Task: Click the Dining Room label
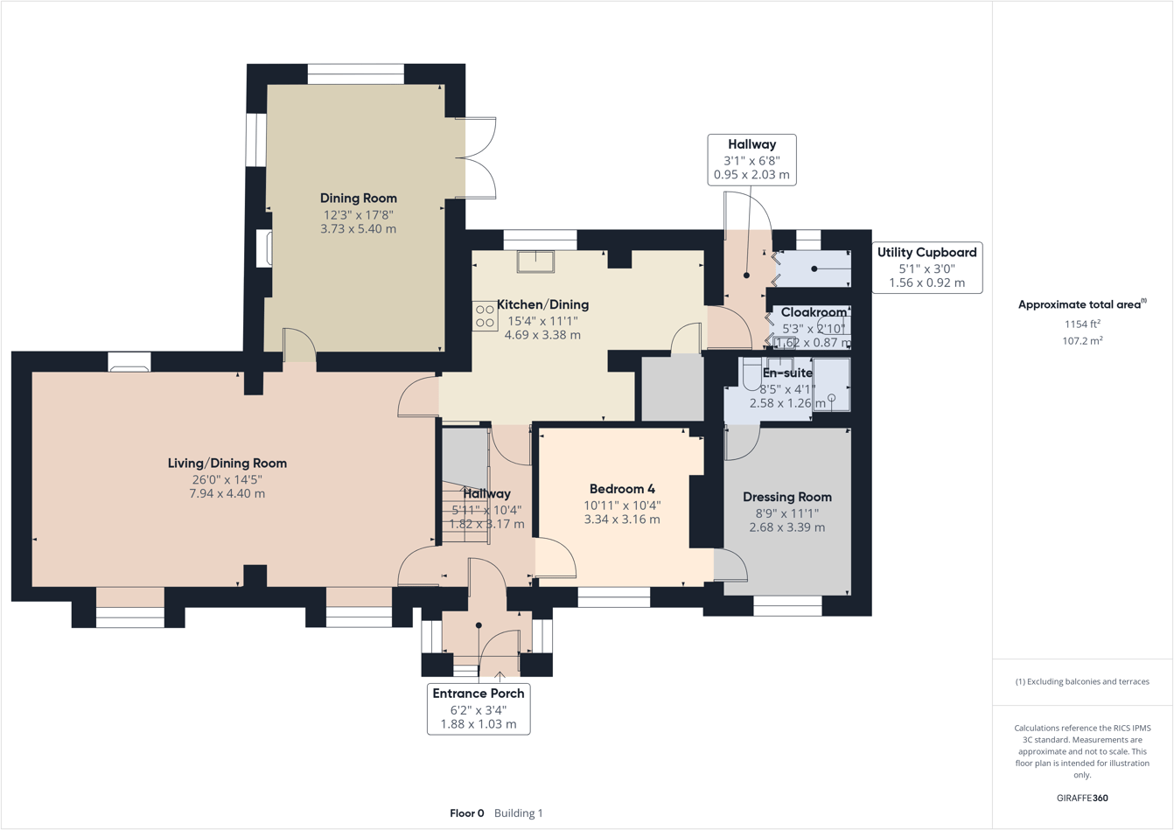pyautogui.click(x=358, y=199)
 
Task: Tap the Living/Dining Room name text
pyautogui.click(x=227, y=464)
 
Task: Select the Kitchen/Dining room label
pyautogui.click(x=542, y=304)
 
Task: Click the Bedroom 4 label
pyautogui.click(x=622, y=489)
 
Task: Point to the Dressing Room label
pyautogui.click(x=787, y=497)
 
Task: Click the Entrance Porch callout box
pyautogui.click(x=479, y=708)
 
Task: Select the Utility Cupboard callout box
pyautogui.click(x=926, y=267)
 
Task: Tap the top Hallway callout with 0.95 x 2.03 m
pyautogui.click(x=751, y=159)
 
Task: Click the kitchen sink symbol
pyautogui.click(x=535, y=261)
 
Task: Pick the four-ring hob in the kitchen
pyautogui.click(x=485, y=317)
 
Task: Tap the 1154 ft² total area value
pyautogui.click(x=1082, y=324)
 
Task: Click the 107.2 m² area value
pyautogui.click(x=1082, y=341)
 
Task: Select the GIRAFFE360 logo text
pyautogui.click(x=1082, y=798)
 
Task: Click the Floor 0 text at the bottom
pyautogui.click(x=466, y=813)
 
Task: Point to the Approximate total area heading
pyautogui.click(x=1081, y=304)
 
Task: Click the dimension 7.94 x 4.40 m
pyautogui.click(x=227, y=493)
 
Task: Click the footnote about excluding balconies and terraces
pyautogui.click(x=1082, y=681)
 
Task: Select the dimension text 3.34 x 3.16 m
pyautogui.click(x=622, y=520)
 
